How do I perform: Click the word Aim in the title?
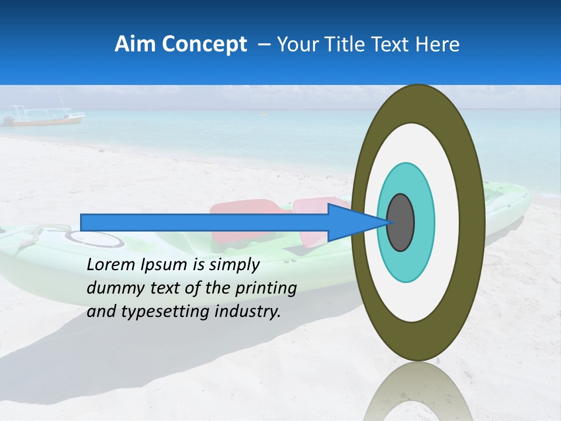134,44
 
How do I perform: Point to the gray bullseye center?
400,223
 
